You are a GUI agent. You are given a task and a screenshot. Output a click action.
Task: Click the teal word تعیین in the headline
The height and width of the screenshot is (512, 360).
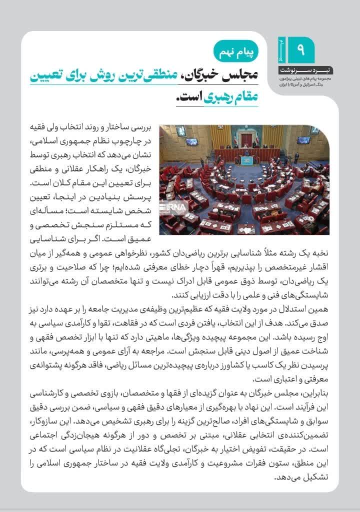(56, 76)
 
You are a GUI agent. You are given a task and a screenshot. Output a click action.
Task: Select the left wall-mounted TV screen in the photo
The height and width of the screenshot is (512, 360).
(191, 141)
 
